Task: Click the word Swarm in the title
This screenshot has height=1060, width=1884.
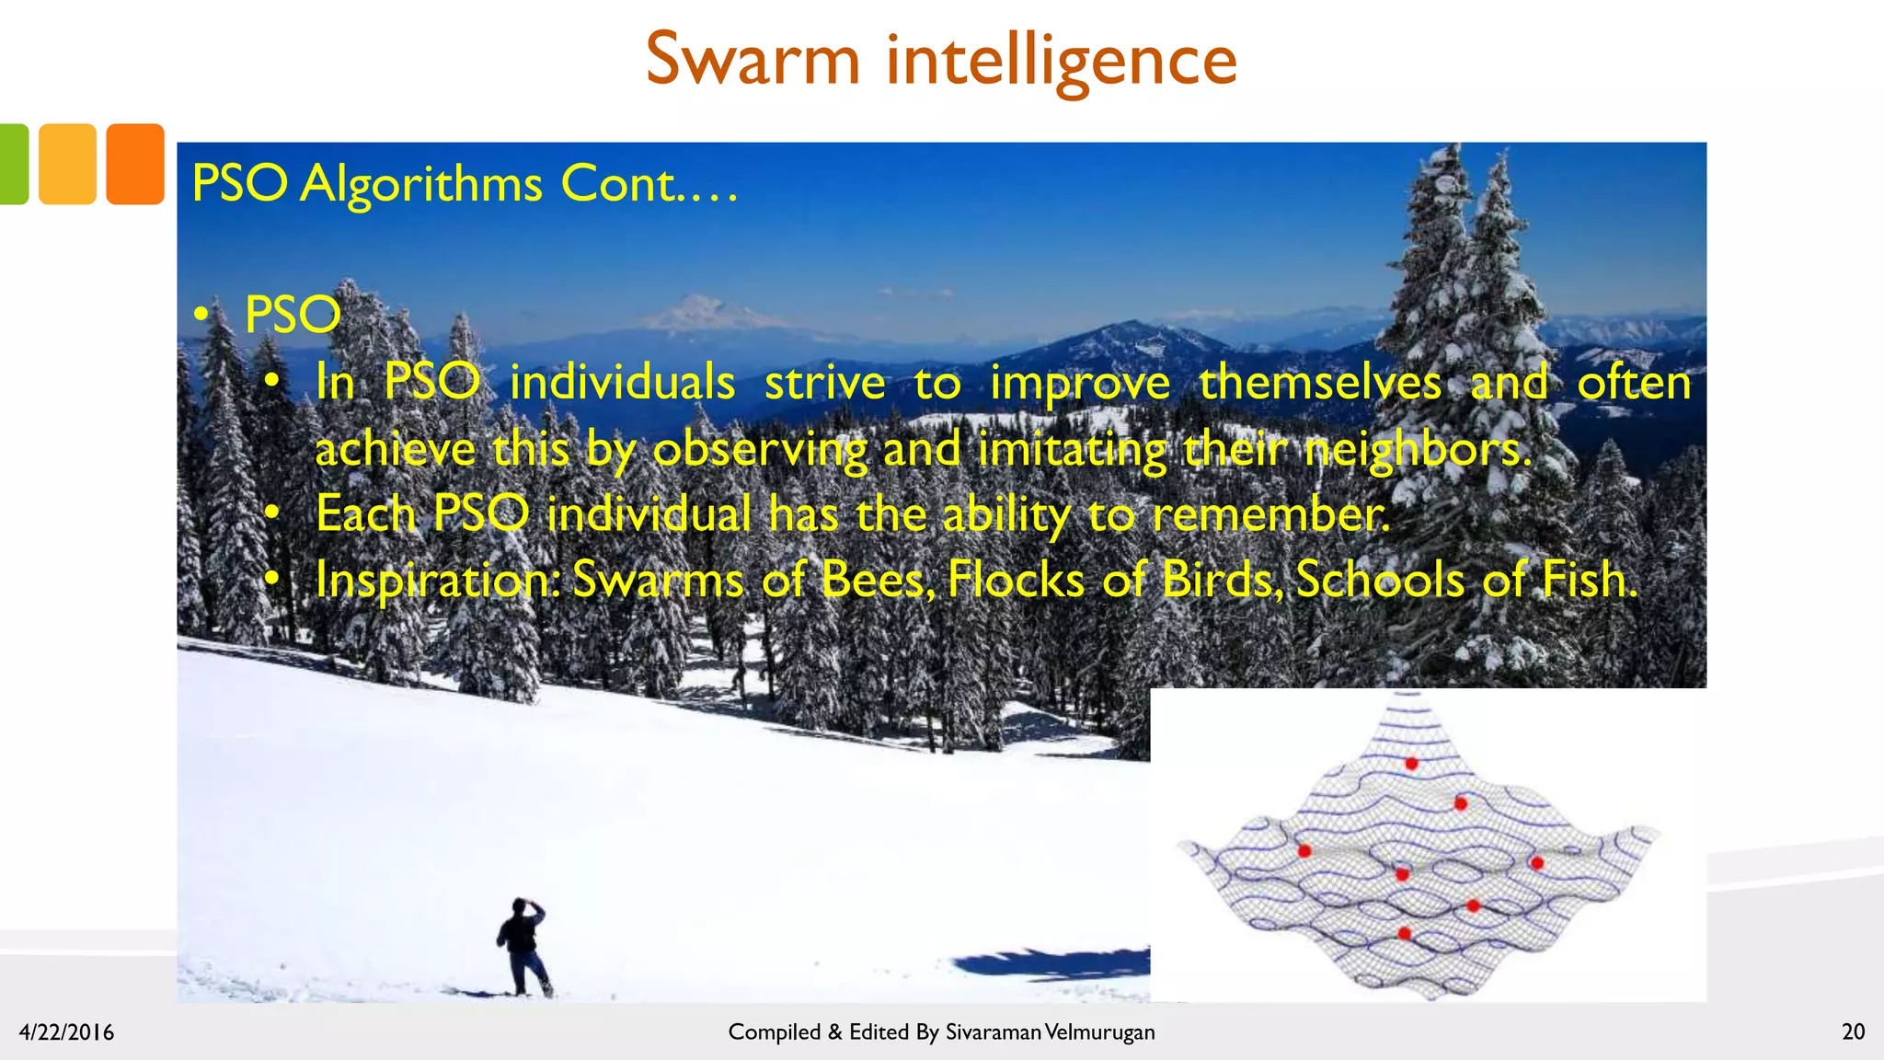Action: [752, 60]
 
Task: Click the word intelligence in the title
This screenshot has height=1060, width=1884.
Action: [1062, 60]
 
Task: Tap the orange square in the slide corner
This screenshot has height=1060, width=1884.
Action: [134, 164]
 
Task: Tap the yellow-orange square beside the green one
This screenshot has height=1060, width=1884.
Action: [67, 164]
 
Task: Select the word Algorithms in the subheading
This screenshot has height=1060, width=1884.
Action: [421, 184]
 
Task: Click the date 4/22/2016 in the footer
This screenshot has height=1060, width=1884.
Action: [66, 1032]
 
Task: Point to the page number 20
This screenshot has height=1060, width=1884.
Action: [1853, 1031]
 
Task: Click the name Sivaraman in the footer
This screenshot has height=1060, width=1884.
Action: [993, 1032]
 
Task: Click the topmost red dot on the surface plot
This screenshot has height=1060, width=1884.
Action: [1411, 764]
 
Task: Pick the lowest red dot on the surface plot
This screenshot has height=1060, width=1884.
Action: [1404, 934]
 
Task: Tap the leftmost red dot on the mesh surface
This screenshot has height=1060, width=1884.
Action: [1304, 851]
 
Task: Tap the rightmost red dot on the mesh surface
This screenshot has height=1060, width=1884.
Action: [1536, 863]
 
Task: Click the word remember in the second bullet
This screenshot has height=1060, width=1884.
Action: [1269, 513]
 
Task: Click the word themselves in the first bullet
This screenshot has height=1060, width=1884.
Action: [1319, 383]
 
